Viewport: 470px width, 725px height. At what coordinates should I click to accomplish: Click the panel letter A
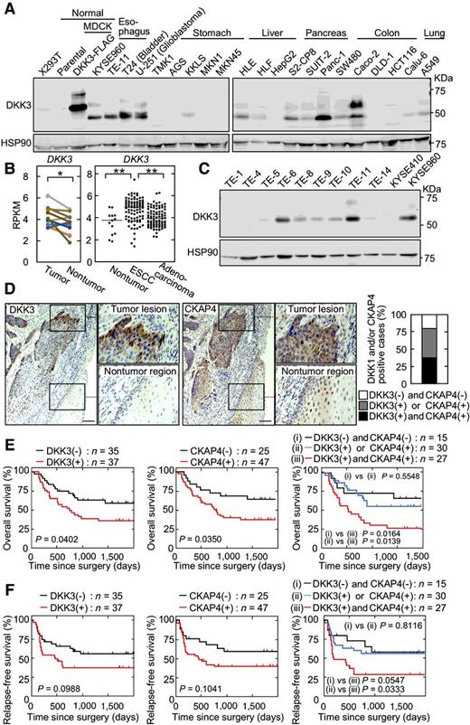[9, 8]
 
